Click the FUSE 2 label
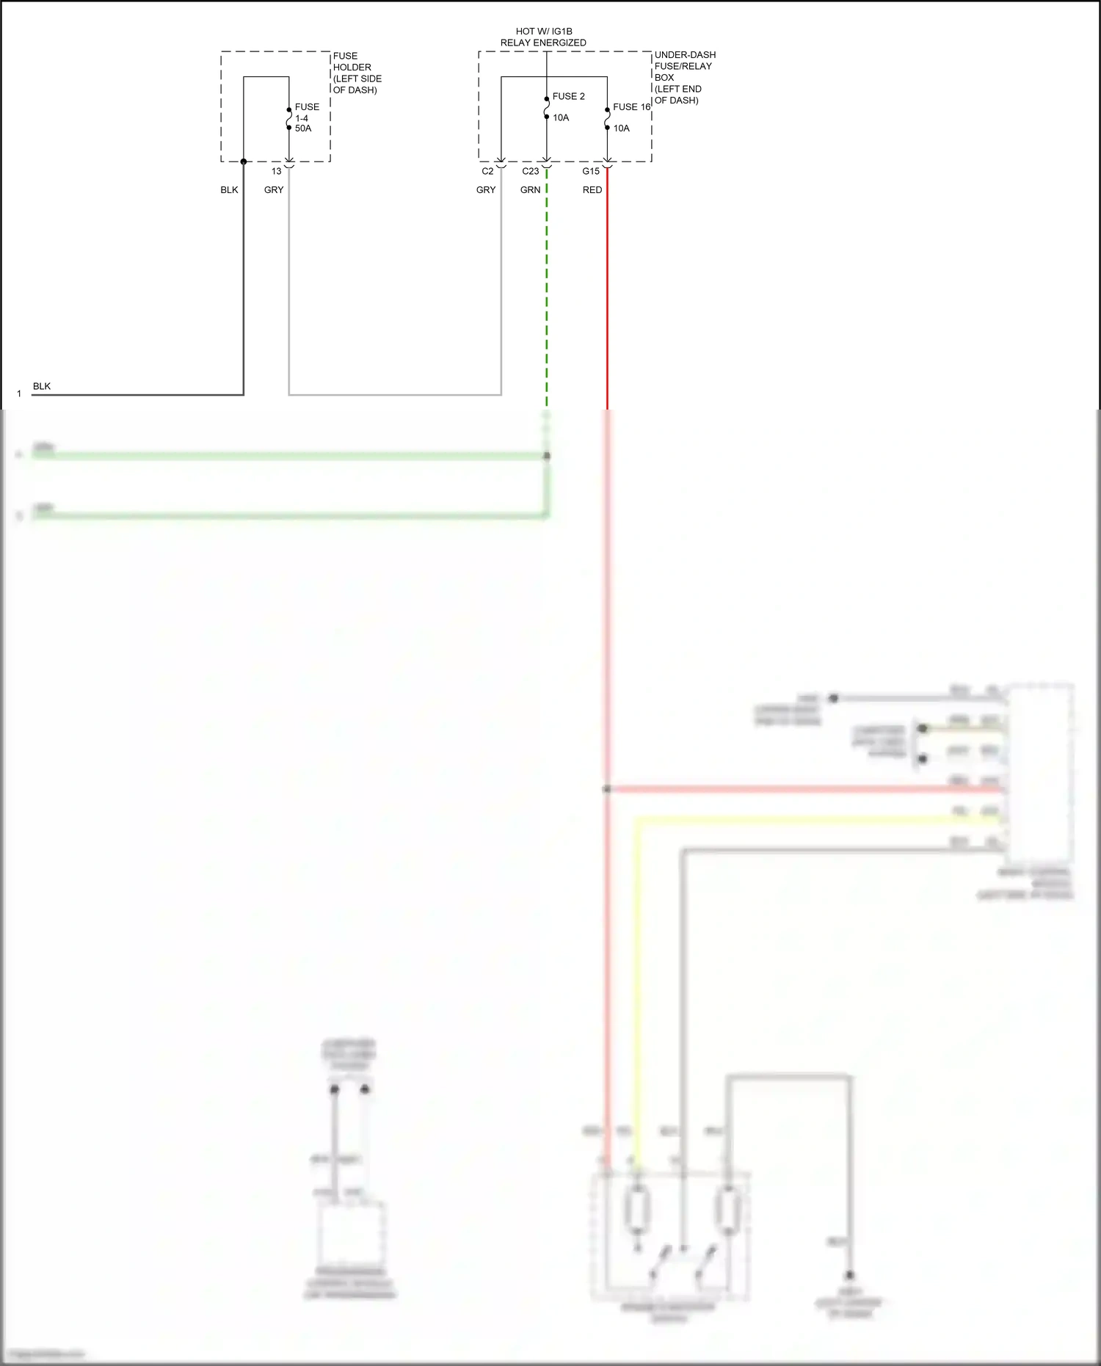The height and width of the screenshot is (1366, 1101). (x=568, y=96)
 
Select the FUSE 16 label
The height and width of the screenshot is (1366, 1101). (x=631, y=107)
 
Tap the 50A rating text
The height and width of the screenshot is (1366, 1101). (x=303, y=128)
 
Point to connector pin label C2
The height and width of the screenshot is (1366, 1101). (x=487, y=171)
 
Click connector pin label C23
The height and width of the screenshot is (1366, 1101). (x=530, y=171)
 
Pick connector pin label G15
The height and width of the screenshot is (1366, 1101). (x=591, y=171)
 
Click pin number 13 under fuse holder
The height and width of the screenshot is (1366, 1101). (x=276, y=171)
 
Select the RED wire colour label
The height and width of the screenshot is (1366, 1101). (x=592, y=190)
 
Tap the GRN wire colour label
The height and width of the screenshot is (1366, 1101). (x=530, y=190)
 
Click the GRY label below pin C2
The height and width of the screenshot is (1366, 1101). (x=486, y=190)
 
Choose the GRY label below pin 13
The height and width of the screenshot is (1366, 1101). (x=274, y=190)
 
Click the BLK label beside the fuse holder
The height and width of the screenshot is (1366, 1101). (x=229, y=190)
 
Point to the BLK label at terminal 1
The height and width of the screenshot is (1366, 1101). (x=42, y=386)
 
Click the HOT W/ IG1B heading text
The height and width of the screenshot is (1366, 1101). (x=544, y=32)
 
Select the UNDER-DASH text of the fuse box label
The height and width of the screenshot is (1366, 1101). (x=685, y=55)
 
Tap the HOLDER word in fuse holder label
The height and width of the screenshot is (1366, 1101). (x=352, y=68)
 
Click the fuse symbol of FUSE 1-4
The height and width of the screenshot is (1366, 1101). (x=289, y=119)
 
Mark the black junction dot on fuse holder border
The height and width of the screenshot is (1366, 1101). (x=244, y=161)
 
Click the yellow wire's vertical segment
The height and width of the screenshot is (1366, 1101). (x=636, y=991)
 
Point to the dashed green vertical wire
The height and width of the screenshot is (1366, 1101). (x=547, y=294)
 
